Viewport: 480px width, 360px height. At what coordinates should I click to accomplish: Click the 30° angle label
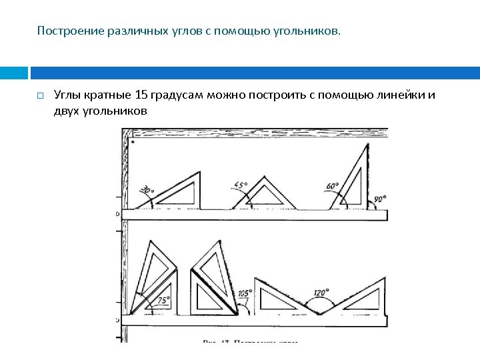point(146,191)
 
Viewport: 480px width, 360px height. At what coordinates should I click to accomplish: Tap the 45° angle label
point(239,185)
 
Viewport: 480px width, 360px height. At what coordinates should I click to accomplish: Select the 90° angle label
point(379,199)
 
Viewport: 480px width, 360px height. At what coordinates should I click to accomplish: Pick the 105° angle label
point(244,293)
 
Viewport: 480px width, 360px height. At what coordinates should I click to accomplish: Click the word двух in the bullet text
point(66,111)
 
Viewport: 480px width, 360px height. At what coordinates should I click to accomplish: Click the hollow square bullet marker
point(39,96)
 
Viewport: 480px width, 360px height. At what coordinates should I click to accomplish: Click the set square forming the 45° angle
point(263,195)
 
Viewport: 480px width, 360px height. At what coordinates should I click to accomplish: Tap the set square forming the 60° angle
point(357,180)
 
